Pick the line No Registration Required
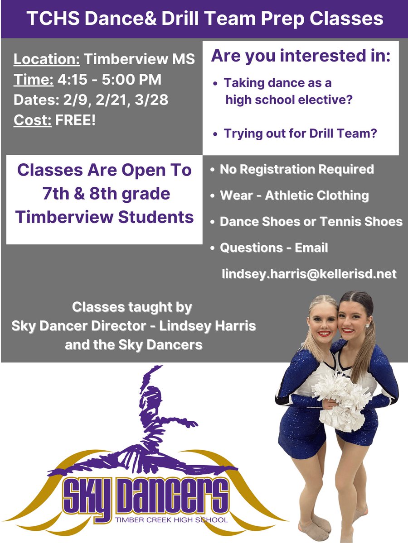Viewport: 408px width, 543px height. click(x=297, y=169)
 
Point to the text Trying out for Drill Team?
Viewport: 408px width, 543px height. click(x=301, y=134)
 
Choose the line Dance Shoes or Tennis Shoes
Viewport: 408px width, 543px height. click(x=311, y=221)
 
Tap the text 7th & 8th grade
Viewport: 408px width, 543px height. click(x=104, y=194)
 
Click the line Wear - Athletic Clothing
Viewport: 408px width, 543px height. click(x=294, y=195)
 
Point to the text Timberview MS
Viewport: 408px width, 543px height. click(x=140, y=59)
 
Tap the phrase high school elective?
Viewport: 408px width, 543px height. click(x=289, y=100)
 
